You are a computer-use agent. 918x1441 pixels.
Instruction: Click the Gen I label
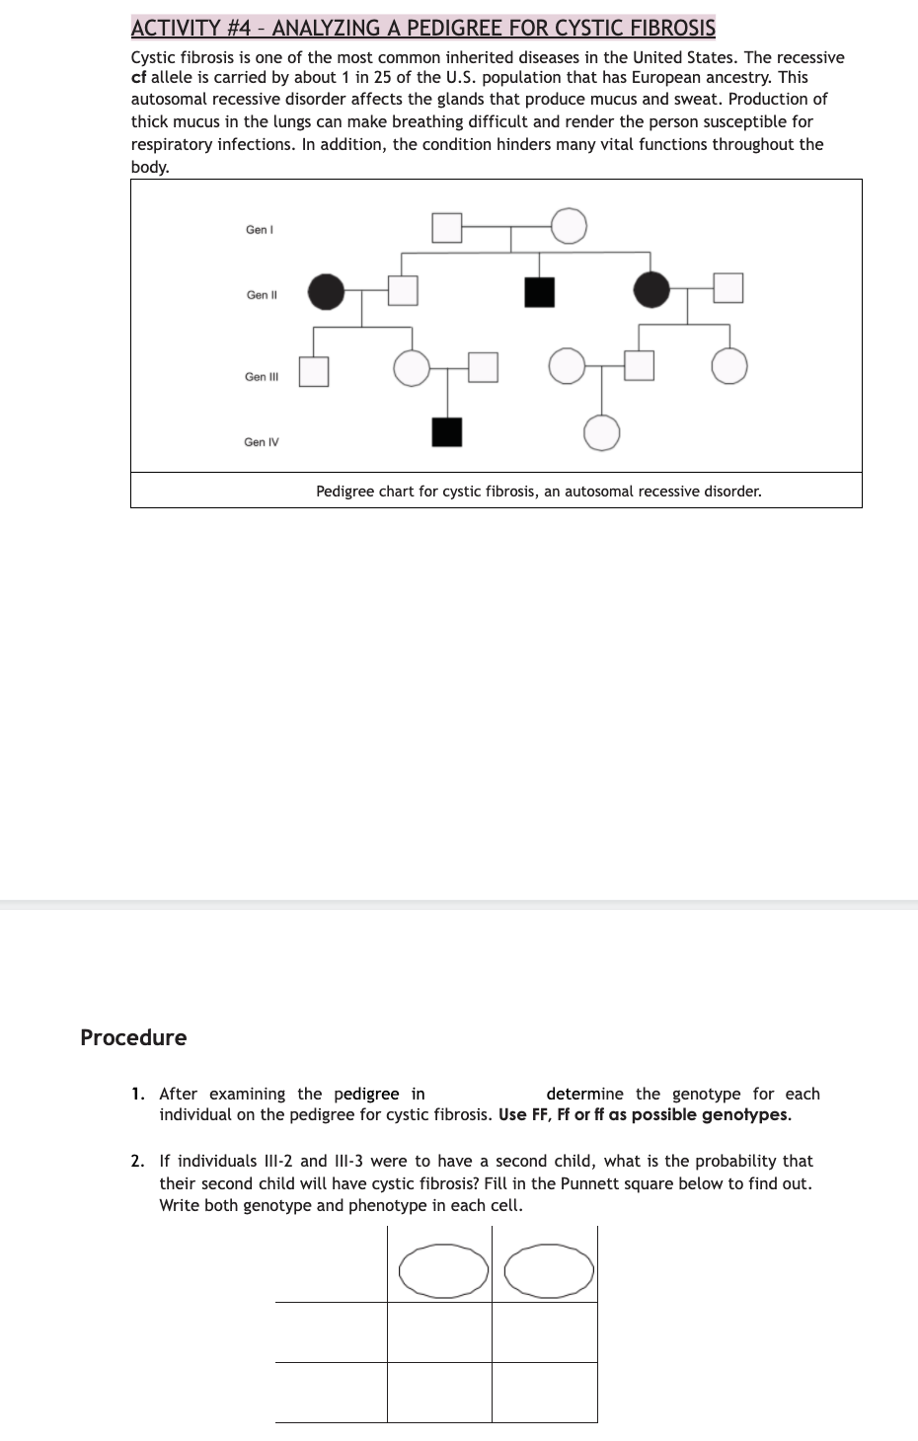tap(260, 230)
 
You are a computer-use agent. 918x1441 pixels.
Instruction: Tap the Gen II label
tap(262, 295)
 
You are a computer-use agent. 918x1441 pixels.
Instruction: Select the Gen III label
tap(262, 377)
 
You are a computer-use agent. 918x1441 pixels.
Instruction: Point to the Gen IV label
tap(262, 442)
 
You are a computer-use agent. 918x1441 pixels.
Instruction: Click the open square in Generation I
tap(447, 227)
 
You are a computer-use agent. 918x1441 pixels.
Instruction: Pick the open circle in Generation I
tap(569, 226)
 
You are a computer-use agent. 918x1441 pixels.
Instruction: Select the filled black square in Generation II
tap(539, 292)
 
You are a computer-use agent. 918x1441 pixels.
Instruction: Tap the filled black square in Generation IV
tap(447, 432)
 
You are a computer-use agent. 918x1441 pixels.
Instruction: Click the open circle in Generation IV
tap(602, 432)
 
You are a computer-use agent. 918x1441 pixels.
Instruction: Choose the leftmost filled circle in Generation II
tap(327, 291)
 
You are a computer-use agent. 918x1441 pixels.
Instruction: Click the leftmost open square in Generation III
tap(314, 372)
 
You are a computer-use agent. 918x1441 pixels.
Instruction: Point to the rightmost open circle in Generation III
tap(729, 366)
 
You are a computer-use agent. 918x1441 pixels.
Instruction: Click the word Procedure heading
tap(133, 1037)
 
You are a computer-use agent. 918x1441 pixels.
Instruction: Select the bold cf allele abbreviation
tap(139, 78)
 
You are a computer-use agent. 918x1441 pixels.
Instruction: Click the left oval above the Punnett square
tap(443, 1270)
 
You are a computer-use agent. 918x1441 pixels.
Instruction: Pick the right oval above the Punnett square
tap(549, 1270)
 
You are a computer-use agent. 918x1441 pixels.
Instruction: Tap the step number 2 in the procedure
tap(137, 1162)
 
